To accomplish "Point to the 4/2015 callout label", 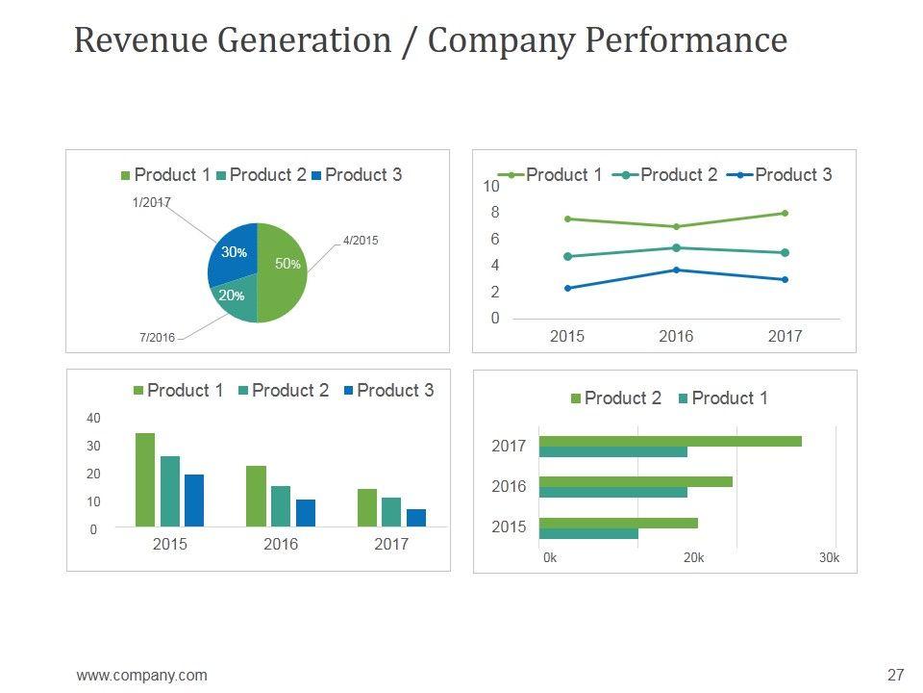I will pyautogui.click(x=360, y=241).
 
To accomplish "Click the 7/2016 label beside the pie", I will pyautogui.click(x=157, y=338).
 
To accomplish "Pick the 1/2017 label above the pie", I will pyautogui.click(x=150, y=202).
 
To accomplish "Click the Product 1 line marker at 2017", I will pyautogui.click(x=785, y=214).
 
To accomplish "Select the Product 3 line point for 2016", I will pyautogui.click(x=676, y=269).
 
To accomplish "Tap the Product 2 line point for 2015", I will pyautogui.click(x=567, y=257).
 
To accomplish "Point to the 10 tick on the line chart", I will pyautogui.click(x=490, y=186).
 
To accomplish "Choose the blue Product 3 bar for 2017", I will pyautogui.click(x=415, y=518).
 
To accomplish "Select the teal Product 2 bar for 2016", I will pyautogui.click(x=281, y=506).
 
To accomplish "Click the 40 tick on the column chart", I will pyautogui.click(x=93, y=419).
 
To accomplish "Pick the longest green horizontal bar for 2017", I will pyautogui.click(x=670, y=441).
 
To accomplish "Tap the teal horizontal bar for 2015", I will pyautogui.click(x=588, y=533).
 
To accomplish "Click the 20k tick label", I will pyautogui.click(x=692, y=558).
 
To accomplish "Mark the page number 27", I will pyautogui.click(x=896, y=675).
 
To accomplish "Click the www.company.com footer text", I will pyautogui.click(x=141, y=676).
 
